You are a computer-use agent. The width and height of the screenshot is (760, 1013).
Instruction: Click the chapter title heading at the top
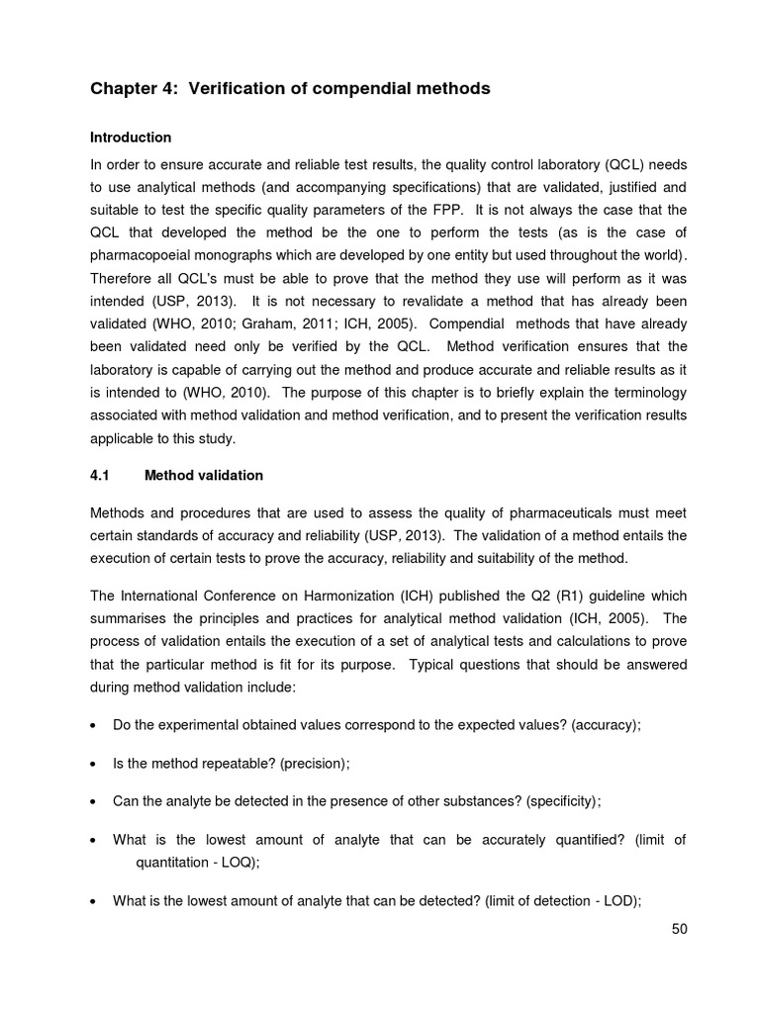click(290, 89)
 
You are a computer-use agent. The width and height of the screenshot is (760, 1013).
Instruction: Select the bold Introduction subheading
click(131, 138)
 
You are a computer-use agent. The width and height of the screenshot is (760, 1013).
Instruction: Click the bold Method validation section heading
click(204, 475)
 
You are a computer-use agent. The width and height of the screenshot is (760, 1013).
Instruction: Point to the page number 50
click(678, 929)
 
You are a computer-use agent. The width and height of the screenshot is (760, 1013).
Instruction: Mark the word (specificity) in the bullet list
click(562, 801)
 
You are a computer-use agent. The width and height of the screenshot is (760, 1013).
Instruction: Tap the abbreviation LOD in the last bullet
click(622, 900)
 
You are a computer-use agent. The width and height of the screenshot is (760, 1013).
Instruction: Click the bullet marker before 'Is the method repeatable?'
click(92, 764)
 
